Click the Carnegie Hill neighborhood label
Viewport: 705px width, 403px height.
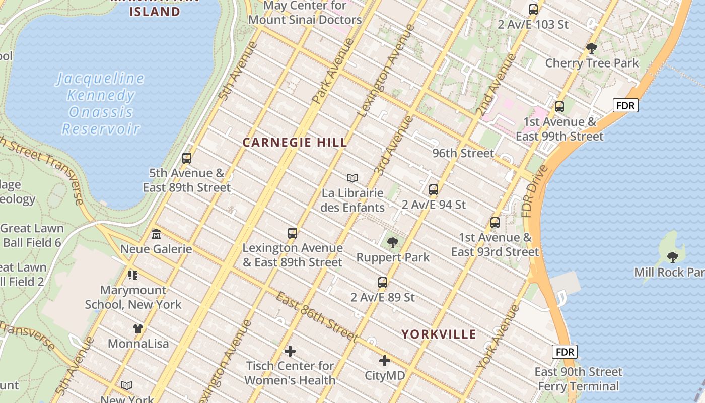click(x=295, y=143)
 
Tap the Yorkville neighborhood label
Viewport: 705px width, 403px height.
click(x=439, y=334)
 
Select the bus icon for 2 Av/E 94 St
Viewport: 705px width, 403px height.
click(x=433, y=190)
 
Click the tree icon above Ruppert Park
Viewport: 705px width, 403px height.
click(x=392, y=243)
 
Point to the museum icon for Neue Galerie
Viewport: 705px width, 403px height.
click(x=156, y=234)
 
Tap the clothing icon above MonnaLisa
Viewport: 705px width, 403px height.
click(x=138, y=329)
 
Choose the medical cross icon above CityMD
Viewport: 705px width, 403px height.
click(x=385, y=361)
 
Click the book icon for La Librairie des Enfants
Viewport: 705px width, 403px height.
click(x=352, y=178)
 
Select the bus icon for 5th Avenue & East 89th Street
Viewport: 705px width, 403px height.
click(x=187, y=158)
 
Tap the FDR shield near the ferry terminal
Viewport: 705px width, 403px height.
click(x=565, y=352)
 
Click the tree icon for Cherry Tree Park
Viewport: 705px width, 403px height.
click(x=592, y=48)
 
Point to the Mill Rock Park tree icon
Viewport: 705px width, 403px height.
click(x=672, y=257)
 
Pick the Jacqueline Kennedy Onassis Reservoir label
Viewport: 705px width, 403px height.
click(x=101, y=104)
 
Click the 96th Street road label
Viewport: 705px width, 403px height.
click(x=463, y=153)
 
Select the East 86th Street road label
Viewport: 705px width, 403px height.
click(x=317, y=316)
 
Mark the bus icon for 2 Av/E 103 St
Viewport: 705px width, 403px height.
click(x=533, y=10)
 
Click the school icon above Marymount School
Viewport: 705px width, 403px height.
click(x=133, y=275)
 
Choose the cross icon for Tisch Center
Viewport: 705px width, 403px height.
click(x=290, y=351)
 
